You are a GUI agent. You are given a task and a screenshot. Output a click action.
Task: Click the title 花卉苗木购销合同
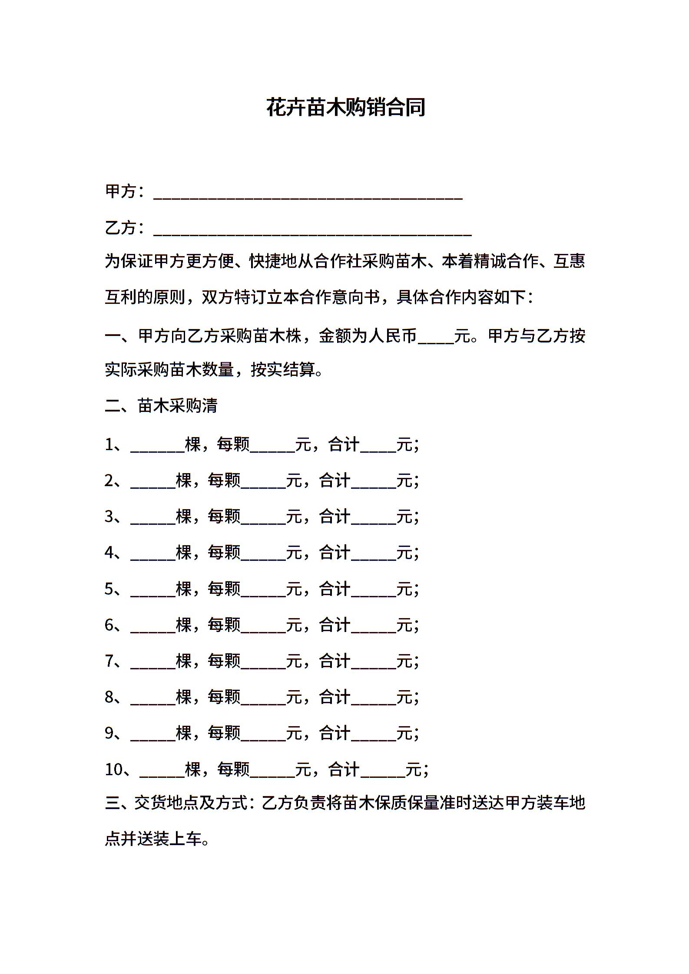[345, 107]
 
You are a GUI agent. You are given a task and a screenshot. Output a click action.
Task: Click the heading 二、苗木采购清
[161, 405]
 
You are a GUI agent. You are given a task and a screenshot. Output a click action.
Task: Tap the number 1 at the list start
[109, 444]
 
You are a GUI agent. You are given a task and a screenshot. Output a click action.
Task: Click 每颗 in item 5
[224, 589]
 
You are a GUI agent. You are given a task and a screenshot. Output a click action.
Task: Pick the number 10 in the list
[114, 770]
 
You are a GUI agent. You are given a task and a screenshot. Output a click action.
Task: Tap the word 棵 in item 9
[184, 733]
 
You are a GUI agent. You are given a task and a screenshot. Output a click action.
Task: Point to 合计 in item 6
[335, 625]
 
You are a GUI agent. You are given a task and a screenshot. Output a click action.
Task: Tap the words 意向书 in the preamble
[356, 297]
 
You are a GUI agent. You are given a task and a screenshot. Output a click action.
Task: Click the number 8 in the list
[109, 697]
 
